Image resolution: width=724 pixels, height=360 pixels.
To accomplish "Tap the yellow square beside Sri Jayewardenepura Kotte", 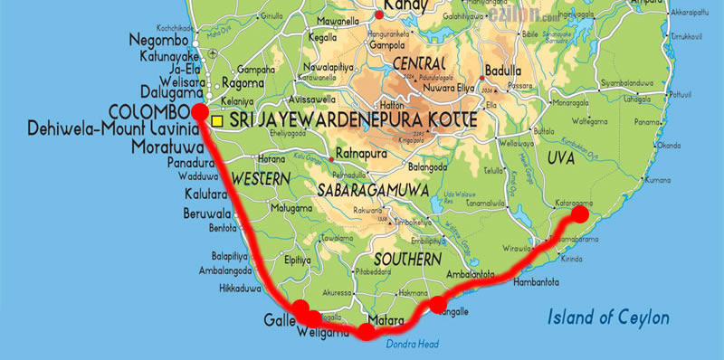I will (217, 119).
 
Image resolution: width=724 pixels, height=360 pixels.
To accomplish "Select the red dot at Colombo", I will (199, 111).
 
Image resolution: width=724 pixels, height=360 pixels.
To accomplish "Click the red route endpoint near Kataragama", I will (576, 214).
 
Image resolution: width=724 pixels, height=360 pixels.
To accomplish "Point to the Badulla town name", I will (504, 71).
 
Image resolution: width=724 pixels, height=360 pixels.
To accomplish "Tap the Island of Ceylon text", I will (608, 317).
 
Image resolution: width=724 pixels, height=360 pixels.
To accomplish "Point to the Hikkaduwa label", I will (239, 289).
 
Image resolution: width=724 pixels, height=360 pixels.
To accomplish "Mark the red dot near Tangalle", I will (437, 303).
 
